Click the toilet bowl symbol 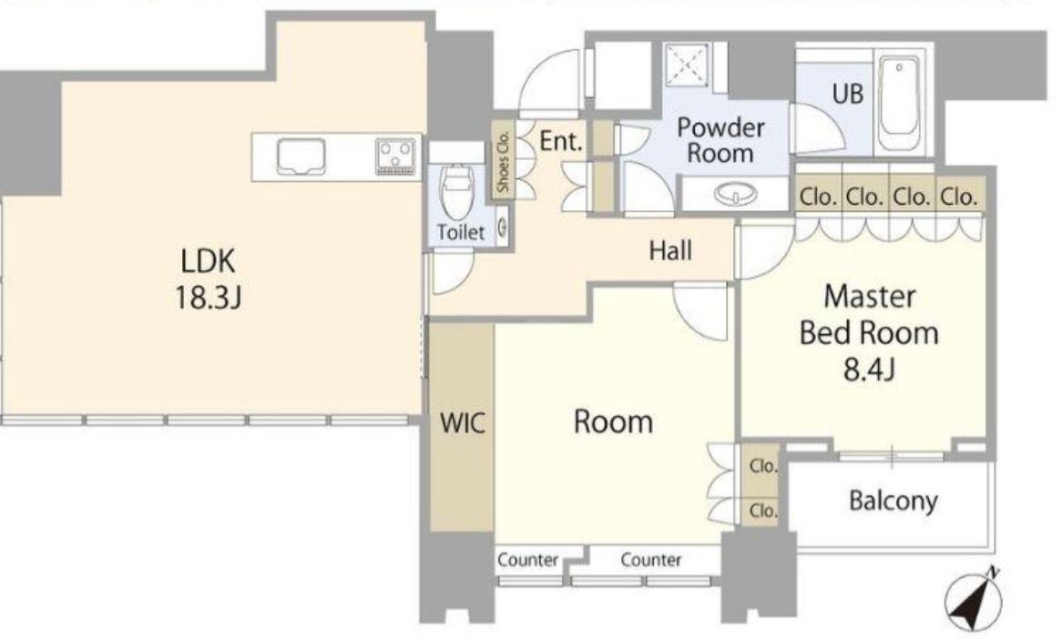click(x=453, y=190)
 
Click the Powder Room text click(x=720, y=139)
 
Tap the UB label click(x=848, y=93)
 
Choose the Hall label click(x=669, y=250)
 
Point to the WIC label click(x=462, y=423)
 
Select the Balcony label click(x=893, y=500)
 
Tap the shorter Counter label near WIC click(x=526, y=560)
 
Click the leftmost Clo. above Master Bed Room click(x=818, y=197)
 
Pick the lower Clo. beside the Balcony click(x=762, y=512)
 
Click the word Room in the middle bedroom click(x=613, y=421)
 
